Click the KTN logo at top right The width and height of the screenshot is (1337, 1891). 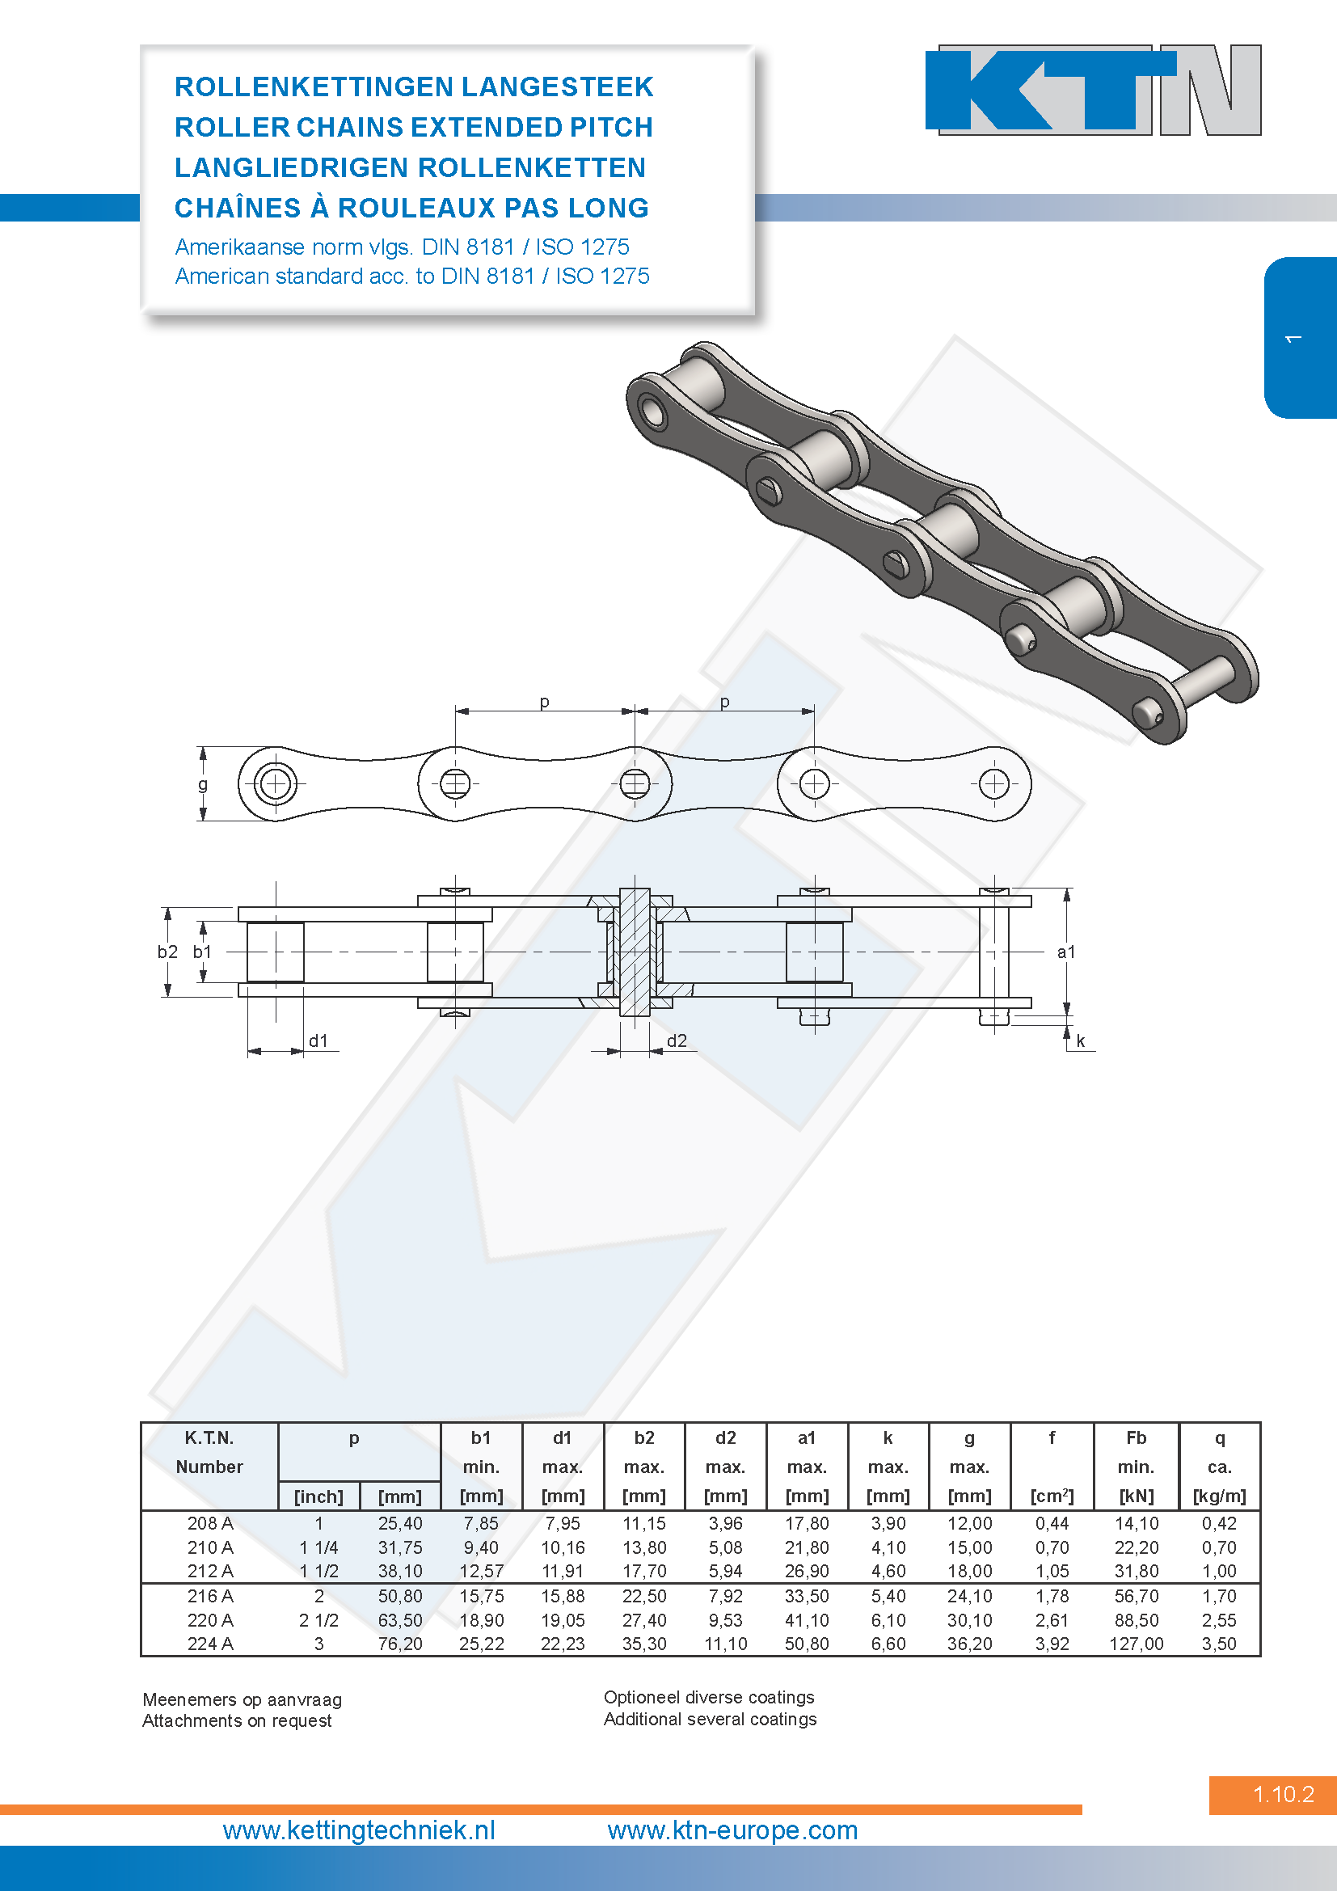[1094, 90]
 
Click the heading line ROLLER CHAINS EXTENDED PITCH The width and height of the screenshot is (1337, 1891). [413, 127]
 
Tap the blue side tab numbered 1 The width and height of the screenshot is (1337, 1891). [1300, 338]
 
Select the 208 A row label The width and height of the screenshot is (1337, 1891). [210, 1524]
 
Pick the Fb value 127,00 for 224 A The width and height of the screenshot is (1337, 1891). [1136, 1644]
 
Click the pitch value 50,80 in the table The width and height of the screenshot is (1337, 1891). [400, 1596]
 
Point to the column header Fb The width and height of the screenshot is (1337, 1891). [1136, 1438]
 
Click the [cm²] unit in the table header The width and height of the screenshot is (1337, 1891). [1052, 1496]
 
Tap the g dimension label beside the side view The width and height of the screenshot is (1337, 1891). [203, 785]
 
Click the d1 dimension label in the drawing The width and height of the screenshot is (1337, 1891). [318, 1041]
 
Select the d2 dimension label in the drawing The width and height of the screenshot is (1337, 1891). [677, 1041]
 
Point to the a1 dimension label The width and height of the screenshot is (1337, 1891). [1066, 952]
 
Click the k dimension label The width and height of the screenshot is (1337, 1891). [1081, 1041]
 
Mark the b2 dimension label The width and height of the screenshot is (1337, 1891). [168, 952]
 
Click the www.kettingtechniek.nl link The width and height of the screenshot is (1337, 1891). [359, 1830]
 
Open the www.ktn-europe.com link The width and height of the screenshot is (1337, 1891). [732, 1830]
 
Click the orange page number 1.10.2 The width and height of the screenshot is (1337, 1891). [1284, 1794]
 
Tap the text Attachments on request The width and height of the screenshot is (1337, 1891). [237, 1720]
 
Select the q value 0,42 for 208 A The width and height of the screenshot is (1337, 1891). [1219, 1524]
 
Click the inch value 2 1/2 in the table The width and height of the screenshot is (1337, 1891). [318, 1620]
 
